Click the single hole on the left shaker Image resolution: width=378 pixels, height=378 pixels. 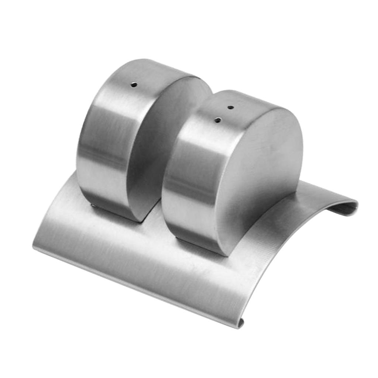[134, 85]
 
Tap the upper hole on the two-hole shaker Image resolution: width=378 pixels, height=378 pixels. [230, 107]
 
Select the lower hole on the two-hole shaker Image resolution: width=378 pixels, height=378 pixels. [218, 120]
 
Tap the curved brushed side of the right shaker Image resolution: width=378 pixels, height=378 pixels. [192, 173]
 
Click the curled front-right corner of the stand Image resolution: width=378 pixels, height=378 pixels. [240, 324]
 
